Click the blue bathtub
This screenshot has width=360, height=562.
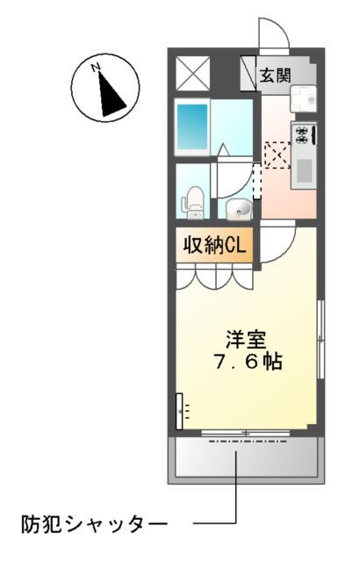192,127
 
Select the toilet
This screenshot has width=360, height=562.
193,202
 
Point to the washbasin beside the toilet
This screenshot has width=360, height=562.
237,209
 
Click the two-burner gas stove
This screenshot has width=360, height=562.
303,134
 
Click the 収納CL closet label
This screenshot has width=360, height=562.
213,245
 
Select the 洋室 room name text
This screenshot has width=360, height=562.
245,338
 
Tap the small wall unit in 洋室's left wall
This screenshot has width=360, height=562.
180,409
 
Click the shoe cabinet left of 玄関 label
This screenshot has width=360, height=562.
248,73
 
